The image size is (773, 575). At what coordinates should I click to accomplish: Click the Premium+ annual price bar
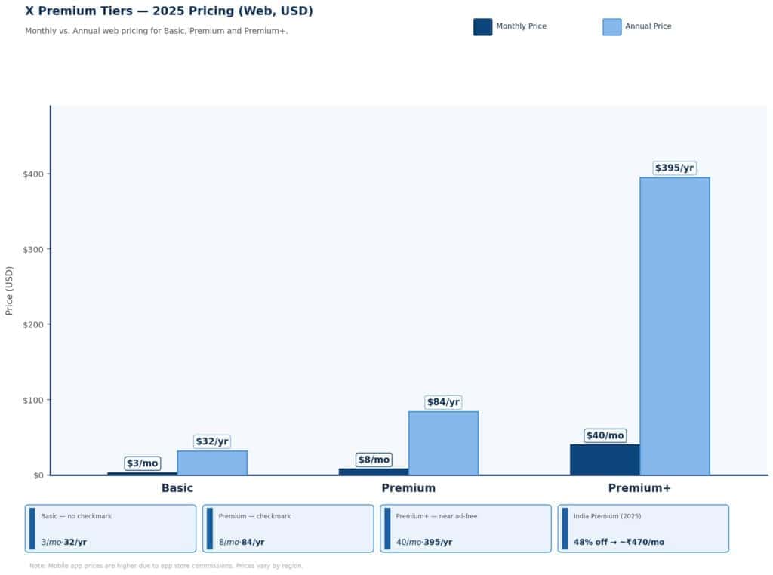[x=674, y=326]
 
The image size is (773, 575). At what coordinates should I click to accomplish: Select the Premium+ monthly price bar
[x=605, y=460]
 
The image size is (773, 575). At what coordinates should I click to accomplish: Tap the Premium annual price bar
[x=443, y=443]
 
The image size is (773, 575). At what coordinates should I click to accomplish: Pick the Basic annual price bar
[x=212, y=463]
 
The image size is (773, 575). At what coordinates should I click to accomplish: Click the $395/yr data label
[x=674, y=168]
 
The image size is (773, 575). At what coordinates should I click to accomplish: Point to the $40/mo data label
[x=605, y=435]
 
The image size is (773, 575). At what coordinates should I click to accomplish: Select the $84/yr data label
[x=443, y=402]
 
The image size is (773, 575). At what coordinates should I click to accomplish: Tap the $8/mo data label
[x=374, y=460]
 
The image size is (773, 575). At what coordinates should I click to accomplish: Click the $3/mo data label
[x=142, y=463]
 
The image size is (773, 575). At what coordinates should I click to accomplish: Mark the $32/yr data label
[x=212, y=441]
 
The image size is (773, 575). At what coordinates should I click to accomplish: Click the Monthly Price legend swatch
[x=482, y=26]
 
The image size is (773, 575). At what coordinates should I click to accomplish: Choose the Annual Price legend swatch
[x=611, y=26]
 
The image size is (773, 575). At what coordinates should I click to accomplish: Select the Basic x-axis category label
[x=177, y=488]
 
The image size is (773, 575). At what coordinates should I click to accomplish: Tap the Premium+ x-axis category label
[x=639, y=488]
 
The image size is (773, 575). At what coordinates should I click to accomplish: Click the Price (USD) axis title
[x=9, y=291]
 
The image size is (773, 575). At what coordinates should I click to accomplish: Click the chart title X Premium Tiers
[x=168, y=11]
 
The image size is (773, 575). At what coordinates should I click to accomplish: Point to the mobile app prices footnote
[x=166, y=565]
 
